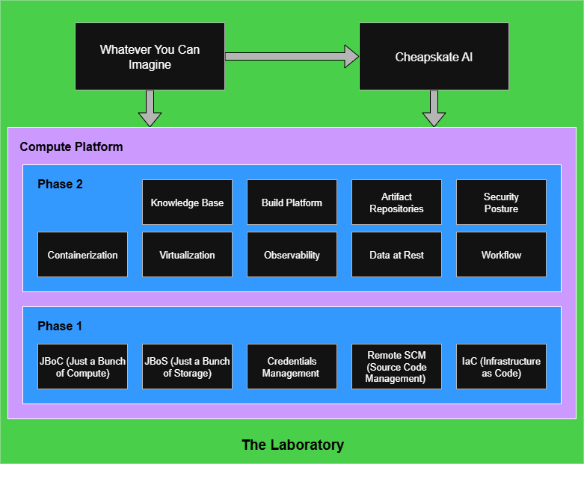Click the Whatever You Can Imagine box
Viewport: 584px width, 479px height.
point(150,57)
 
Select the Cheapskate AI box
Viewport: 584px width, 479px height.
point(434,57)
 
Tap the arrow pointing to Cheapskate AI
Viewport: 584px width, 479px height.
point(292,56)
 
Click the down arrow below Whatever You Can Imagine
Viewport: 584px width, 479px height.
point(150,108)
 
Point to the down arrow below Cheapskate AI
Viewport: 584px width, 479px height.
point(434,108)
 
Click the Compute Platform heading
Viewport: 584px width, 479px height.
point(71,146)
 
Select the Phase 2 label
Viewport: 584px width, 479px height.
point(60,184)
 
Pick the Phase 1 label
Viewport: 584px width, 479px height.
point(60,326)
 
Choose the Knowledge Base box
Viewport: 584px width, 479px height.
point(187,203)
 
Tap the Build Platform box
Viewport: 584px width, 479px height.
point(292,203)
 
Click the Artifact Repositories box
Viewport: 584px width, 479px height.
point(396,203)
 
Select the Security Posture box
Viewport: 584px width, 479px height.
point(501,203)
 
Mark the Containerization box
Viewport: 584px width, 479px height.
point(82,255)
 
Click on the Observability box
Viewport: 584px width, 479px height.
point(292,255)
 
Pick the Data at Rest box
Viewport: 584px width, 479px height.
point(396,255)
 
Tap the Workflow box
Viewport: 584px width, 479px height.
point(501,255)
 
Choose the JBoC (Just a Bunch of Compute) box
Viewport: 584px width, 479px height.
point(82,367)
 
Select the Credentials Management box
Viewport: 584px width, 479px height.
point(292,367)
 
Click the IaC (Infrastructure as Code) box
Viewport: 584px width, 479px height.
point(501,367)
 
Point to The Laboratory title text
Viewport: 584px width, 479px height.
point(292,445)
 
